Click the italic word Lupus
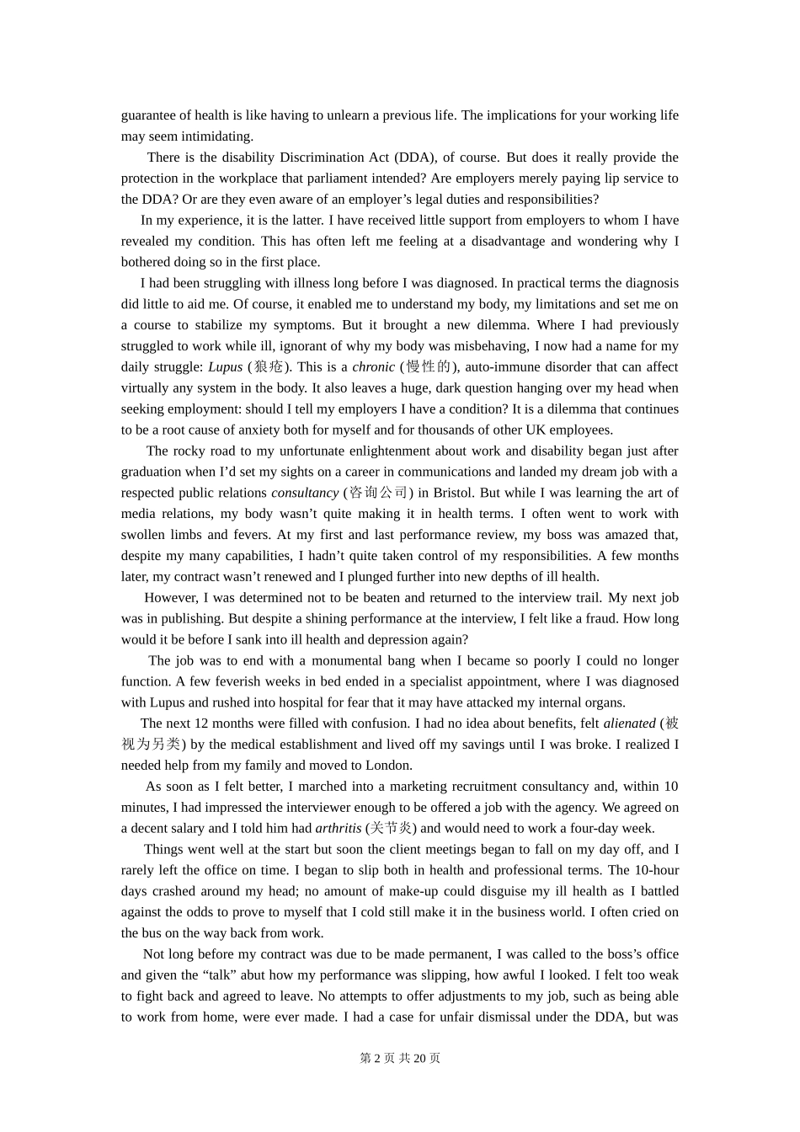click(x=225, y=367)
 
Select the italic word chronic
click(x=373, y=367)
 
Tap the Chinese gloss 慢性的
click(x=429, y=367)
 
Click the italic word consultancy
click(x=304, y=493)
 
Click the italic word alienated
click(x=629, y=724)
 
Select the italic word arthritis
click(x=338, y=828)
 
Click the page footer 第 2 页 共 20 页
click(x=400, y=1058)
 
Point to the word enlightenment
click(x=388, y=451)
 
